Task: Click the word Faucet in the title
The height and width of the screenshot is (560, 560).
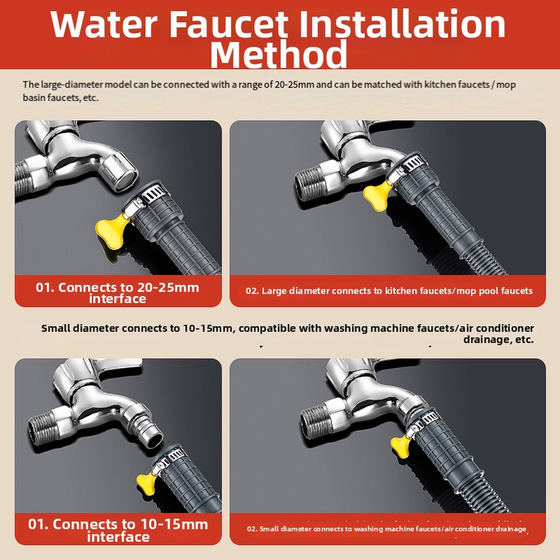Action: click(228, 24)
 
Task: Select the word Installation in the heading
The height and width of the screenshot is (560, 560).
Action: click(402, 23)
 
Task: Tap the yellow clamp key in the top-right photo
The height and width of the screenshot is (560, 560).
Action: click(378, 194)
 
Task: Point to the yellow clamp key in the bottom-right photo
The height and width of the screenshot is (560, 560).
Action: click(401, 444)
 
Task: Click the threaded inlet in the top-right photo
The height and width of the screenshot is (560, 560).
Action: click(311, 185)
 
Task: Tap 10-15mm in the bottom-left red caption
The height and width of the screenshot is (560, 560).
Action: click(174, 524)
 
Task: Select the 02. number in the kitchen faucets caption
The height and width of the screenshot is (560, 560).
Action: click(252, 291)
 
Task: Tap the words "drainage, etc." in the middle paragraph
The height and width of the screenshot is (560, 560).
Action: click(498, 339)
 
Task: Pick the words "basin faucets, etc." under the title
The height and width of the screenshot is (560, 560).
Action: click(60, 97)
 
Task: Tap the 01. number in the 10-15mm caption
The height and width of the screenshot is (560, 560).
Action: click(38, 524)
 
